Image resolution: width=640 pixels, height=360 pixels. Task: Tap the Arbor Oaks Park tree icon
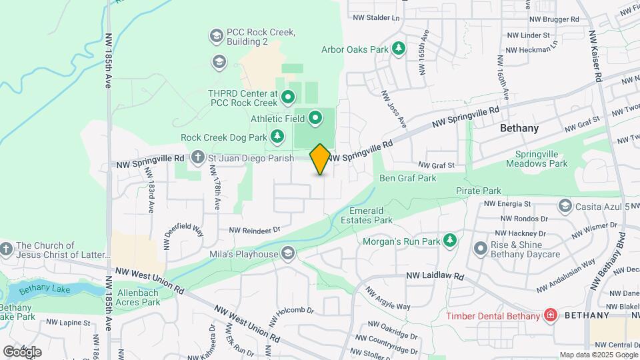click(399, 48)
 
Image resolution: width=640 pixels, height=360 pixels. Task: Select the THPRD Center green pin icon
click(288, 98)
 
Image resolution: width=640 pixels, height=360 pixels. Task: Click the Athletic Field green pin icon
click(316, 119)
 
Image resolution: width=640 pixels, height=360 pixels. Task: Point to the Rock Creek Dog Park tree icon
click(277, 137)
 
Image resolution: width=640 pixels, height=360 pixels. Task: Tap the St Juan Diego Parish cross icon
click(198, 158)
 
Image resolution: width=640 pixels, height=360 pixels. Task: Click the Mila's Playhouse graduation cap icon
click(288, 253)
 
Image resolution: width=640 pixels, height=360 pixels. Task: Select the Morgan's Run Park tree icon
click(451, 240)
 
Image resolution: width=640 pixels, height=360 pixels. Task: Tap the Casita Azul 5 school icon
click(566, 205)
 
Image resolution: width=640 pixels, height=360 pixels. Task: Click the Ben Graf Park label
click(407, 178)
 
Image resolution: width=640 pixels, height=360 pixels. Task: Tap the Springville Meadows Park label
click(541, 158)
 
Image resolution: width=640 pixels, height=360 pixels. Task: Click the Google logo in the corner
click(22, 351)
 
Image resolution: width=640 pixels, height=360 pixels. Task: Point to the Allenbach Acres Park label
click(139, 297)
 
